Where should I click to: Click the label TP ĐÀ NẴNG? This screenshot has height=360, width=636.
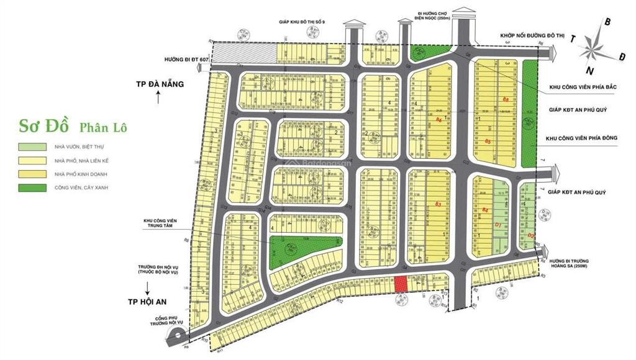[161, 84]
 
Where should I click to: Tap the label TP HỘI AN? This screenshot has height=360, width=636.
[149, 300]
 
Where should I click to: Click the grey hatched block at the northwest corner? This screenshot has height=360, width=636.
[245, 52]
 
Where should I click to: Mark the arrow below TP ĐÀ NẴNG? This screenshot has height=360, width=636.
[159, 97]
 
